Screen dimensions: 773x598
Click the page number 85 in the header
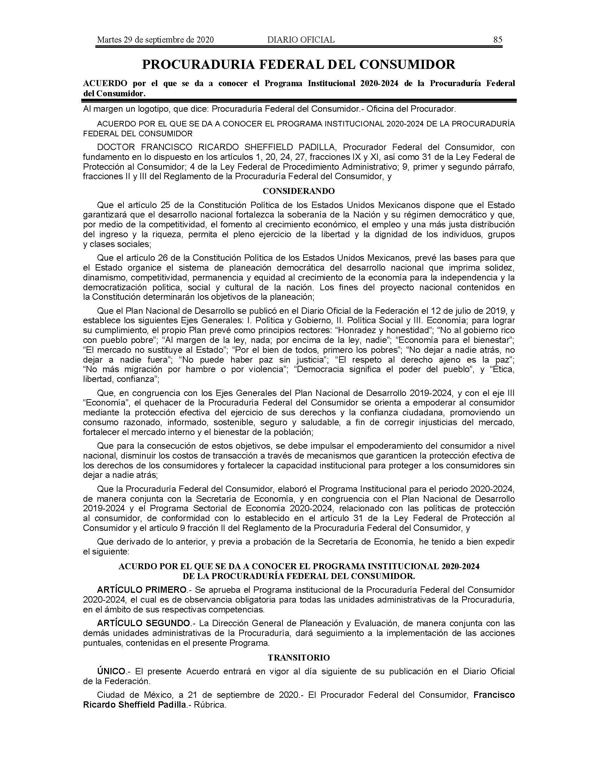497,40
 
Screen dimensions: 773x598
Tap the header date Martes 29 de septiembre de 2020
155,40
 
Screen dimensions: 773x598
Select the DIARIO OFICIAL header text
300,40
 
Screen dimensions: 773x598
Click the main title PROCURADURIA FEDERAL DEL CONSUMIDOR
298,64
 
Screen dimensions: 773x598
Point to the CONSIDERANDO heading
298,191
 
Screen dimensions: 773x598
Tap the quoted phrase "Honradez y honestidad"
384,330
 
